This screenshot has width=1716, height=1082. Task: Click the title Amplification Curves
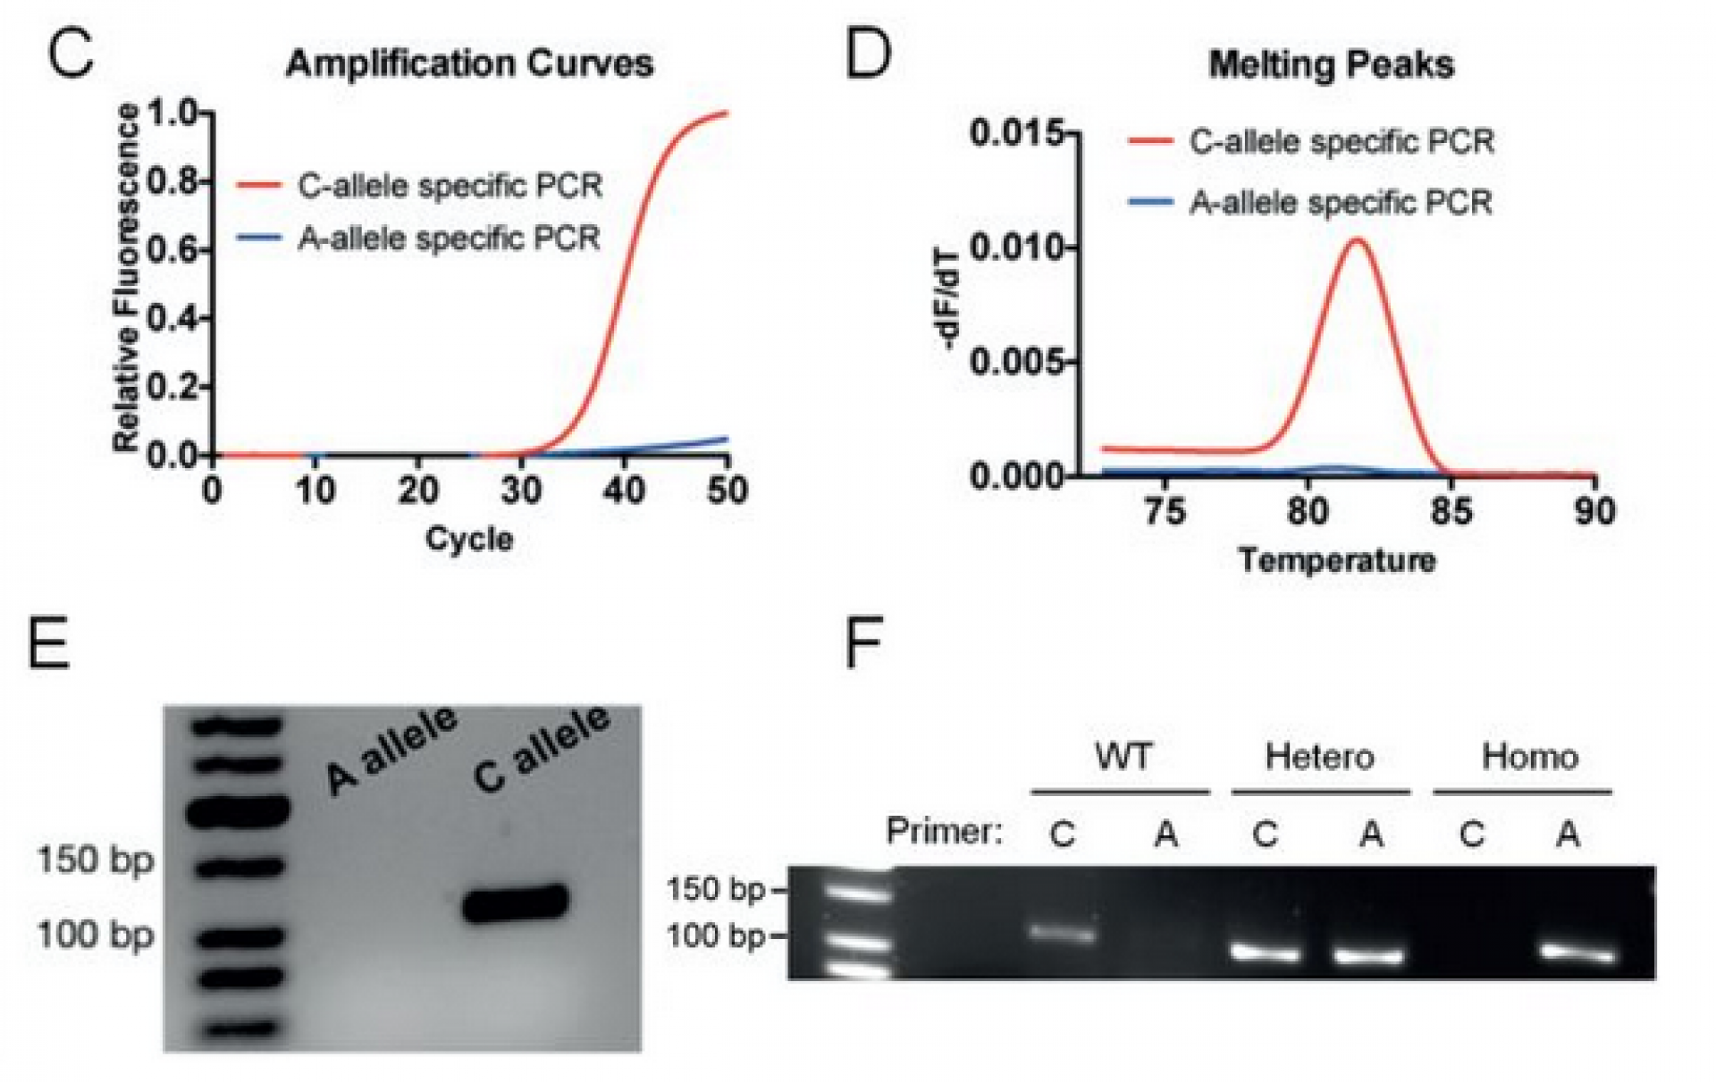click(x=469, y=64)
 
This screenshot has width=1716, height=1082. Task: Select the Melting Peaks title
click(x=1331, y=65)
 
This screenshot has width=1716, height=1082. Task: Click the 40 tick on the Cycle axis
click(x=624, y=491)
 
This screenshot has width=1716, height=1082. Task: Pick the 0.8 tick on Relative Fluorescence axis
click(x=178, y=182)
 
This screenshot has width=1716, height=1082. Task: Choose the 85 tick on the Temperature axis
click(x=1451, y=511)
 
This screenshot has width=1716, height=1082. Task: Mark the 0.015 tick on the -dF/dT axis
click(x=1016, y=134)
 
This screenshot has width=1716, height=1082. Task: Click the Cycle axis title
click(x=469, y=539)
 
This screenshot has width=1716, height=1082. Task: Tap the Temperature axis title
click(x=1337, y=561)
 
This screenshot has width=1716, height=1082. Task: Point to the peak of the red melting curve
click(x=1357, y=239)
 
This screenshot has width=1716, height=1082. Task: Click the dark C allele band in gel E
click(x=516, y=902)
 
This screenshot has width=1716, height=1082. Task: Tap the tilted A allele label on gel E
click(x=391, y=749)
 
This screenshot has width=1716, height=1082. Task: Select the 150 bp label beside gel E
click(x=96, y=860)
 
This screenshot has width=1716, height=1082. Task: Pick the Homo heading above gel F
click(x=1529, y=758)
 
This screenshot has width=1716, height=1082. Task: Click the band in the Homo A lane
click(x=1578, y=954)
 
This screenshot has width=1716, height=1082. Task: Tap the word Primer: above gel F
click(x=945, y=832)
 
